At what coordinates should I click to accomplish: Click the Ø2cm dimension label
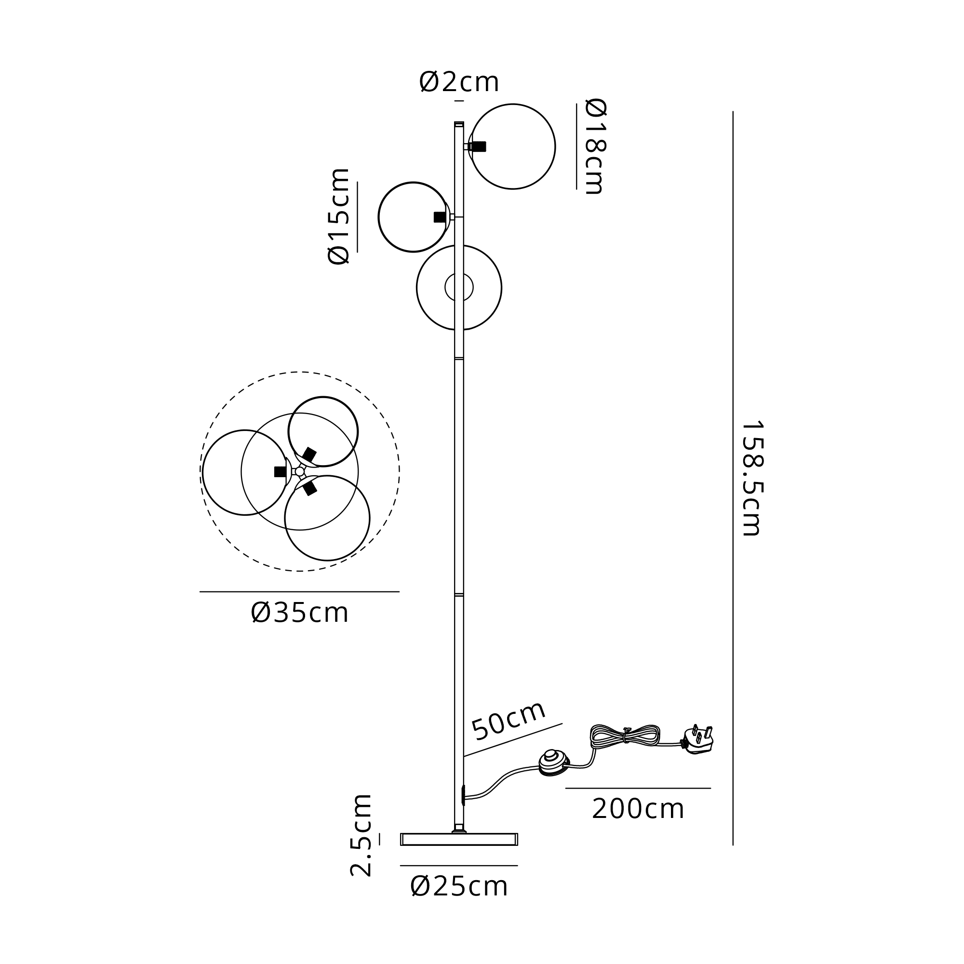pos(459,82)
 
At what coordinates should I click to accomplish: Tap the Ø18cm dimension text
pos(595,146)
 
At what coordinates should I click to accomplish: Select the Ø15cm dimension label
pos(338,216)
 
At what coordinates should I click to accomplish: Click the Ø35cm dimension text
pos(299,612)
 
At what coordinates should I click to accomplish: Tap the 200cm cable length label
pos(638,809)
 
